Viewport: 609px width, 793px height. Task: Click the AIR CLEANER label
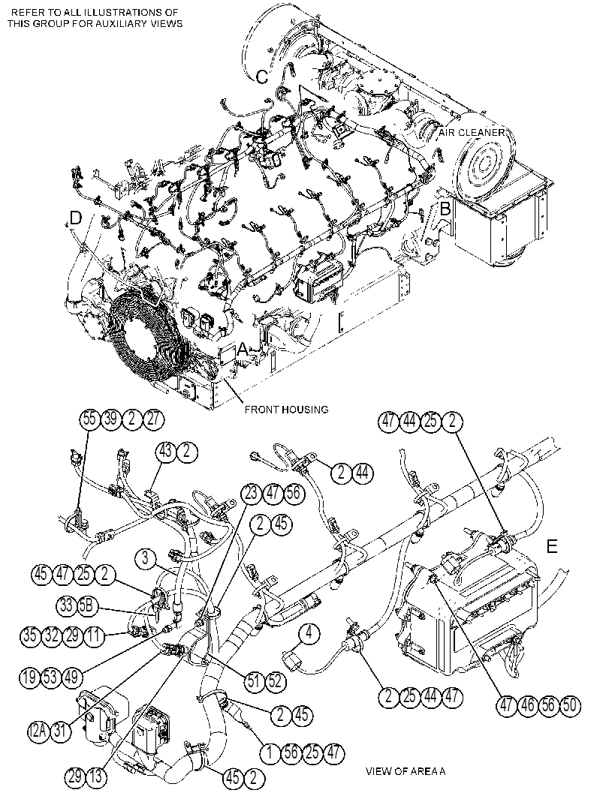click(472, 133)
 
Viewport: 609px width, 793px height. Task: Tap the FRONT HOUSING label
click(286, 409)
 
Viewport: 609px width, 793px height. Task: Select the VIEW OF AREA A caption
click(405, 771)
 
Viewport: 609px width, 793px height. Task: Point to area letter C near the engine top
click(262, 77)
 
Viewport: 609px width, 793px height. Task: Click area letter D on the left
click(75, 218)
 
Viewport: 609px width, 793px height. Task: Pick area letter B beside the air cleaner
click(445, 209)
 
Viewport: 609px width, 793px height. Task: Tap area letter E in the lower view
click(552, 546)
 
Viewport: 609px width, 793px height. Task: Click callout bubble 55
click(89, 420)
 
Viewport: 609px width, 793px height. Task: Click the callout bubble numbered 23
click(252, 494)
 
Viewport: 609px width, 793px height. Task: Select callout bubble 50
click(569, 705)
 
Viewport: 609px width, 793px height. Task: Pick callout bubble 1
click(270, 753)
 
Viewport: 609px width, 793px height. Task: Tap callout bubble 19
click(30, 677)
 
